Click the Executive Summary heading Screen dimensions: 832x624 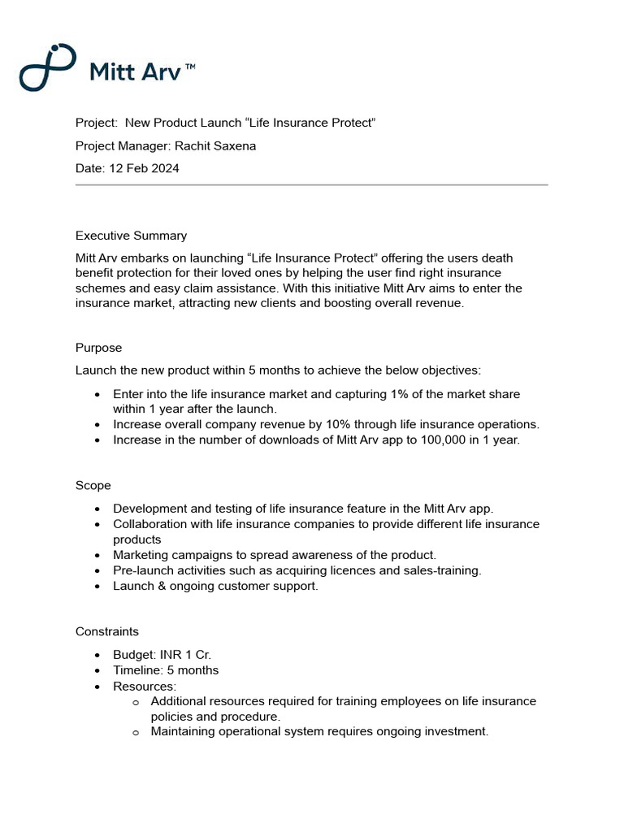click(131, 236)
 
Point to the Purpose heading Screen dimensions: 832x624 click(98, 348)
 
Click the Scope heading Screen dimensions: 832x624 click(93, 485)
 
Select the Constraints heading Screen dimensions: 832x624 click(106, 631)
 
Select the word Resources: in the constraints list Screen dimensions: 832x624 click(145, 686)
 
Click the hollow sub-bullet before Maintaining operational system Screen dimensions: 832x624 click(136, 732)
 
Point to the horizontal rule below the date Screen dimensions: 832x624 click(311, 185)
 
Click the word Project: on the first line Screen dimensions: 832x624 click(97, 123)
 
